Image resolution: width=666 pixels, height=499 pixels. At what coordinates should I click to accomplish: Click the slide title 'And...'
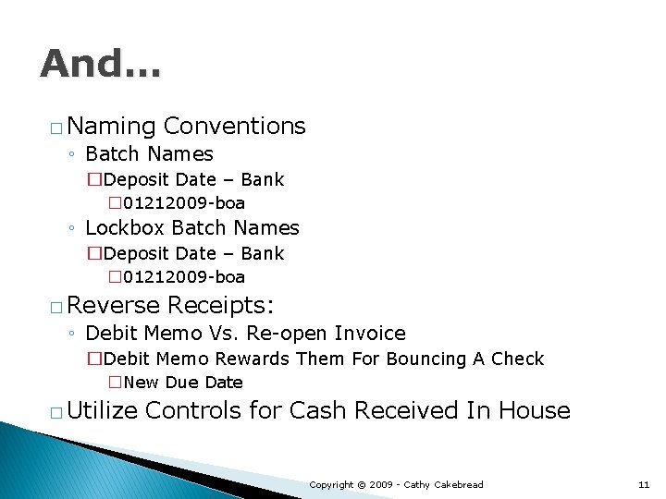click(100, 64)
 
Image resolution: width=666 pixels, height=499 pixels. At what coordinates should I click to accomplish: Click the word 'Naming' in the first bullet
click(110, 126)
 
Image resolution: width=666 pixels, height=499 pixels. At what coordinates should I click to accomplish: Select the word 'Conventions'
click(234, 126)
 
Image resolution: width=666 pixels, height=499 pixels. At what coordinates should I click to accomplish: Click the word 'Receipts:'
click(223, 305)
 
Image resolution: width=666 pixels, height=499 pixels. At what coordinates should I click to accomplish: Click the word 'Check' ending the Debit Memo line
click(517, 359)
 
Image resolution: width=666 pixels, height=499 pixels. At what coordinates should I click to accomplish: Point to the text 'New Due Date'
click(182, 383)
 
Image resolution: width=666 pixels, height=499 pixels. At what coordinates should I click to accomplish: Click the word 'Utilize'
click(102, 410)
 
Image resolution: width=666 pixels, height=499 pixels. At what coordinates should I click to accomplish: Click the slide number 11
click(644, 484)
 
